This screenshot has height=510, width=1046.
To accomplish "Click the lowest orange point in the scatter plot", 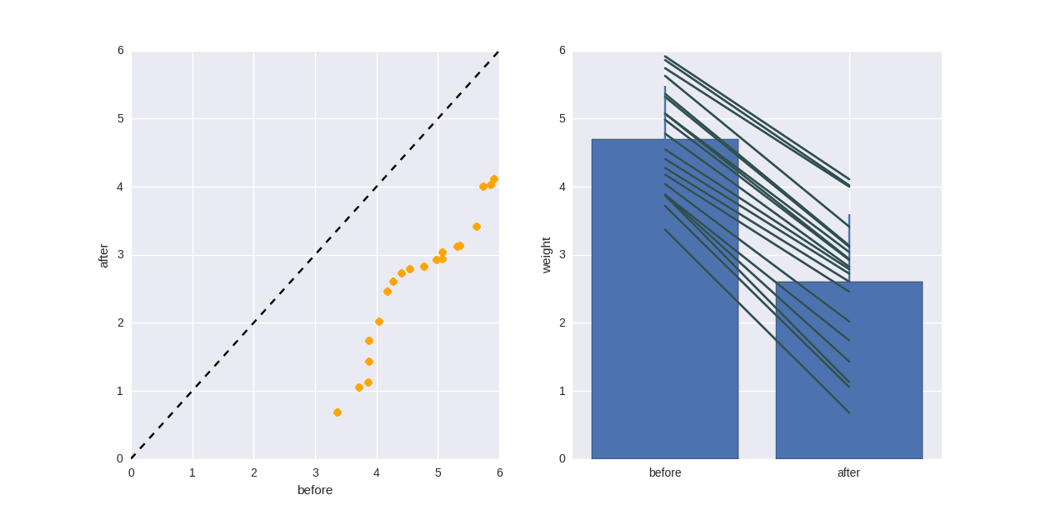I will pyautogui.click(x=338, y=412).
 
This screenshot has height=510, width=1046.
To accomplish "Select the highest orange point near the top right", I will pyautogui.click(x=493, y=179).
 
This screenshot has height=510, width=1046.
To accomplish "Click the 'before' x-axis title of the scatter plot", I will pyautogui.click(x=315, y=490).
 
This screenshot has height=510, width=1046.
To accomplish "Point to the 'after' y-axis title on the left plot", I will pyautogui.click(x=103, y=255).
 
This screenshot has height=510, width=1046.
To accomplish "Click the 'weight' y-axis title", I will pyautogui.click(x=547, y=255).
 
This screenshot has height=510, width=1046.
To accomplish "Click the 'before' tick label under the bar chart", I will pyautogui.click(x=665, y=472).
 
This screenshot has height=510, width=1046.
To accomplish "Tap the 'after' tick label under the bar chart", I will pyautogui.click(x=848, y=472).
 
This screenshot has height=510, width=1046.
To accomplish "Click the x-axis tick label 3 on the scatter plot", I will pyautogui.click(x=315, y=472).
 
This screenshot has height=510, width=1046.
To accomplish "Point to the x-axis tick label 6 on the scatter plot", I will pyautogui.click(x=499, y=472).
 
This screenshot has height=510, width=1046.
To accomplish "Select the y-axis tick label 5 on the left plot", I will pyautogui.click(x=120, y=118).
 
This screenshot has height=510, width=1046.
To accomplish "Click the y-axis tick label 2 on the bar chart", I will pyautogui.click(x=562, y=322).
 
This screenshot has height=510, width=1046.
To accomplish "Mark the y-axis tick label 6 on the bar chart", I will pyautogui.click(x=562, y=51).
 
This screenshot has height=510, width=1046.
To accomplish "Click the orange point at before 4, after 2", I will pyautogui.click(x=379, y=322).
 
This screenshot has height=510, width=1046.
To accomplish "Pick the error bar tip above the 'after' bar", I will pyautogui.click(x=849, y=216).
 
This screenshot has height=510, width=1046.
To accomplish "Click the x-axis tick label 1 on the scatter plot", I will pyautogui.click(x=193, y=472).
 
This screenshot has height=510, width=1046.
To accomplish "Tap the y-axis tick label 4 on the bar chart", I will pyautogui.click(x=562, y=187).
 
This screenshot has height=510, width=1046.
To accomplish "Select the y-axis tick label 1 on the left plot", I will pyautogui.click(x=120, y=391).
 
